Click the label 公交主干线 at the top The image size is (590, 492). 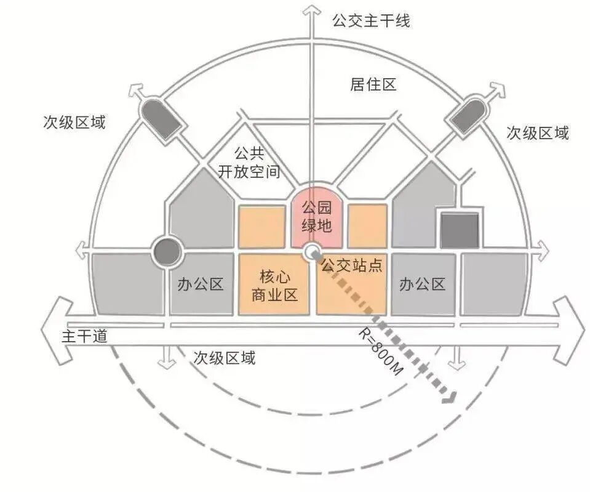[370, 21]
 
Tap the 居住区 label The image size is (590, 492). [373, 85]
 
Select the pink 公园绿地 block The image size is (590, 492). [316, 216]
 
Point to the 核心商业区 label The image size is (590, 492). [274, 284]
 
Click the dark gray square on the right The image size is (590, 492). [459, 230]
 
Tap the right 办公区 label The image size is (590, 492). [421, 284]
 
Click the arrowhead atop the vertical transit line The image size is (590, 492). [312, 10]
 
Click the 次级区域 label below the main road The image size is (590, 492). [224, 358]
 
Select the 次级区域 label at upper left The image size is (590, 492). [74, 122]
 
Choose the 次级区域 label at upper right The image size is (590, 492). [537, 132]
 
